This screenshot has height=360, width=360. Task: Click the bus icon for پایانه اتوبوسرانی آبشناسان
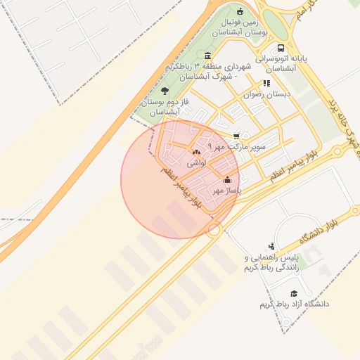[x=281, y=49]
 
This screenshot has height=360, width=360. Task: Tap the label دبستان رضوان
[x=262, y=94]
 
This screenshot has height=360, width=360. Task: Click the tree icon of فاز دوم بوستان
[x=165, y=91]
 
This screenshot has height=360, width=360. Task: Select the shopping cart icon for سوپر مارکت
[x=236, y=136]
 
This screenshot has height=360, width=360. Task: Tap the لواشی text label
[x=195, y=162]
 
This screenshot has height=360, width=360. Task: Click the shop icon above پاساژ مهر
[x=226, y=179]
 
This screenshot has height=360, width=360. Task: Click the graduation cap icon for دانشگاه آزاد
[x=294, y=293]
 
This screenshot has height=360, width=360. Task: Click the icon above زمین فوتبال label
[x=240, y=11]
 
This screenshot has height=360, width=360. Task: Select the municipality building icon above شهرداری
[x=207, y=56]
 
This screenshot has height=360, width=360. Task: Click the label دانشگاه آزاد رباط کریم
[x=294, y=304]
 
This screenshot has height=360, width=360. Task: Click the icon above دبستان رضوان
[x=266, y=83]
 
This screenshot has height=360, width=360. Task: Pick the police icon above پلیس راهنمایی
[x=272, y=247]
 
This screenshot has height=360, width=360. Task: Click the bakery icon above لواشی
[x=195, y=152]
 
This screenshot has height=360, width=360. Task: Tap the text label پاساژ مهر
[x=226, y=190]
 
